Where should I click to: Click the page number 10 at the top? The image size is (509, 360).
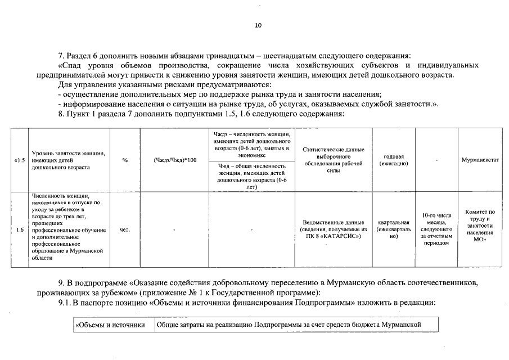[258, 25]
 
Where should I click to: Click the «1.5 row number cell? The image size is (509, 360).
[20, 160]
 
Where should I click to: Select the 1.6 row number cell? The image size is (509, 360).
[20, 229]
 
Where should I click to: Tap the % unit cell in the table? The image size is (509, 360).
[125, 160]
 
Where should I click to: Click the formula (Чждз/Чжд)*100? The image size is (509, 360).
[175, 160]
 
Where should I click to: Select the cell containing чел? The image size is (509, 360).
[125, 229]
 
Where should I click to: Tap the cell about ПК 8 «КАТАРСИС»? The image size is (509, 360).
[334, 229]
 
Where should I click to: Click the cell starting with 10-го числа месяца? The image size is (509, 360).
[436, 229]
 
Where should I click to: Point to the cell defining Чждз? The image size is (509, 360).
[251, 144]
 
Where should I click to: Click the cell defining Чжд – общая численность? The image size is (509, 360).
[251, 176]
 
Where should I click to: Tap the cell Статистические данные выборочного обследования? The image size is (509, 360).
[334, 160]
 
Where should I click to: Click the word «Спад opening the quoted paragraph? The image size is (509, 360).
[73, 65]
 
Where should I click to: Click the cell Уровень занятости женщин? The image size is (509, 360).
[68, 160]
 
